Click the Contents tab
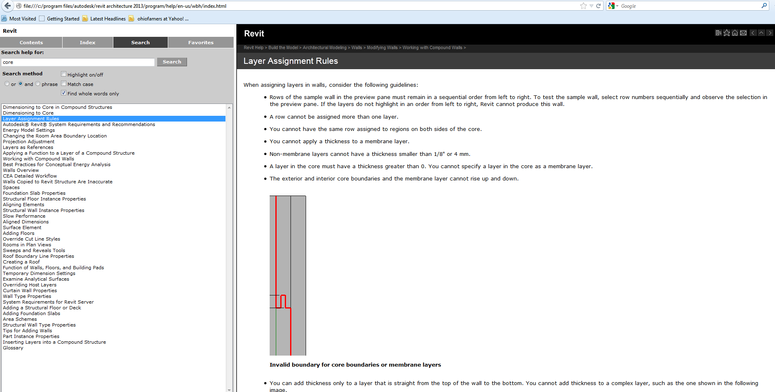31,43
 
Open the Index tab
88,43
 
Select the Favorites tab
201,43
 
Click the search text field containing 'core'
78,62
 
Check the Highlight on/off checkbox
63,74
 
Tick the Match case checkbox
63,84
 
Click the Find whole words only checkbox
63,93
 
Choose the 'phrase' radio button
38,84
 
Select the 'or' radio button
7,84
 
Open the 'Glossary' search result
13,348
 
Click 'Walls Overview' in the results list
21,170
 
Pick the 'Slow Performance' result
24,216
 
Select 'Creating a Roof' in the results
21,262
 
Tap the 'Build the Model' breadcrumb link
283,48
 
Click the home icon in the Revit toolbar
735,33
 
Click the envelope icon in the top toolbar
743,33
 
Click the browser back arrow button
7,6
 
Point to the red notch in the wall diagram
283,301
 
